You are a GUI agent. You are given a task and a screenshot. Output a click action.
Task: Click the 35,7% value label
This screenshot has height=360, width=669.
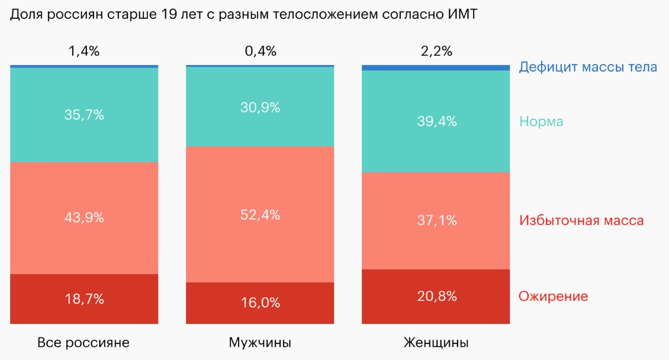[84, 115]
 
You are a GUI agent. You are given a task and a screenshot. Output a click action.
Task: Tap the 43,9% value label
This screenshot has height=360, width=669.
[84, 218]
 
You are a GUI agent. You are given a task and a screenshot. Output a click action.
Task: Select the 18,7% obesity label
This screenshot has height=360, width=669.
[84, 299]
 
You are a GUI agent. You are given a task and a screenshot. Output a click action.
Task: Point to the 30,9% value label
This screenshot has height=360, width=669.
[260, 107]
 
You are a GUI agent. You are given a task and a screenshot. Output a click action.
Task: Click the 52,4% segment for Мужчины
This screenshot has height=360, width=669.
[260, 214]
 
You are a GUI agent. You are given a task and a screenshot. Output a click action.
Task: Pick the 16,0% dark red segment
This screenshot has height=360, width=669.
[260, 303]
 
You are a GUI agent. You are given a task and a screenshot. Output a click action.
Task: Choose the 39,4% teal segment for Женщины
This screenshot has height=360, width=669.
[436, 121]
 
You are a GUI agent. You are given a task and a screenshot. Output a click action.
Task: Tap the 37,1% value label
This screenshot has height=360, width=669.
[436, 221]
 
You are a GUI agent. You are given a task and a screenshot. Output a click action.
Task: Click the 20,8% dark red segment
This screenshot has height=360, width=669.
[436, 296]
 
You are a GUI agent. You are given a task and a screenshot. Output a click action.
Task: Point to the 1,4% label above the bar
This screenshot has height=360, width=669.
[84, 51]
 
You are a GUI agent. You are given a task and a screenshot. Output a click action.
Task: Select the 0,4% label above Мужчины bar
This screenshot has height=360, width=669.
[260, 51]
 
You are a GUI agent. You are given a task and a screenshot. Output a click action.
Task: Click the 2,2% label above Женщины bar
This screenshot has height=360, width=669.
[436, 51]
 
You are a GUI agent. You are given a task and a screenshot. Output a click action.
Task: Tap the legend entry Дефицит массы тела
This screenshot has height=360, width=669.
[588, 67]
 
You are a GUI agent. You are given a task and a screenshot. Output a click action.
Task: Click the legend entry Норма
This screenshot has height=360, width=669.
[541, 122]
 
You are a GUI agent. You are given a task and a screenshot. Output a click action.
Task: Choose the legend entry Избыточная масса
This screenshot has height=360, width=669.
[581, 221]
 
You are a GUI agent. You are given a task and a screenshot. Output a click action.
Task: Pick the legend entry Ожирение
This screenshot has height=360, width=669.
[554, 296]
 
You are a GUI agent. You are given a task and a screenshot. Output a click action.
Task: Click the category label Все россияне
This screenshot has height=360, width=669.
[83, 343]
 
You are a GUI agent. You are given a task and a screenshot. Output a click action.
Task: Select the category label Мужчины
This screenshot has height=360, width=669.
[260, 343]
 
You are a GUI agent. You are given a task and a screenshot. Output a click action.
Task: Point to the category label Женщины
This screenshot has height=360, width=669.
[436, 343]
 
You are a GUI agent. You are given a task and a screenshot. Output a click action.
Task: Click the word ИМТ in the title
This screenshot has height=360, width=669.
[460, 15]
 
